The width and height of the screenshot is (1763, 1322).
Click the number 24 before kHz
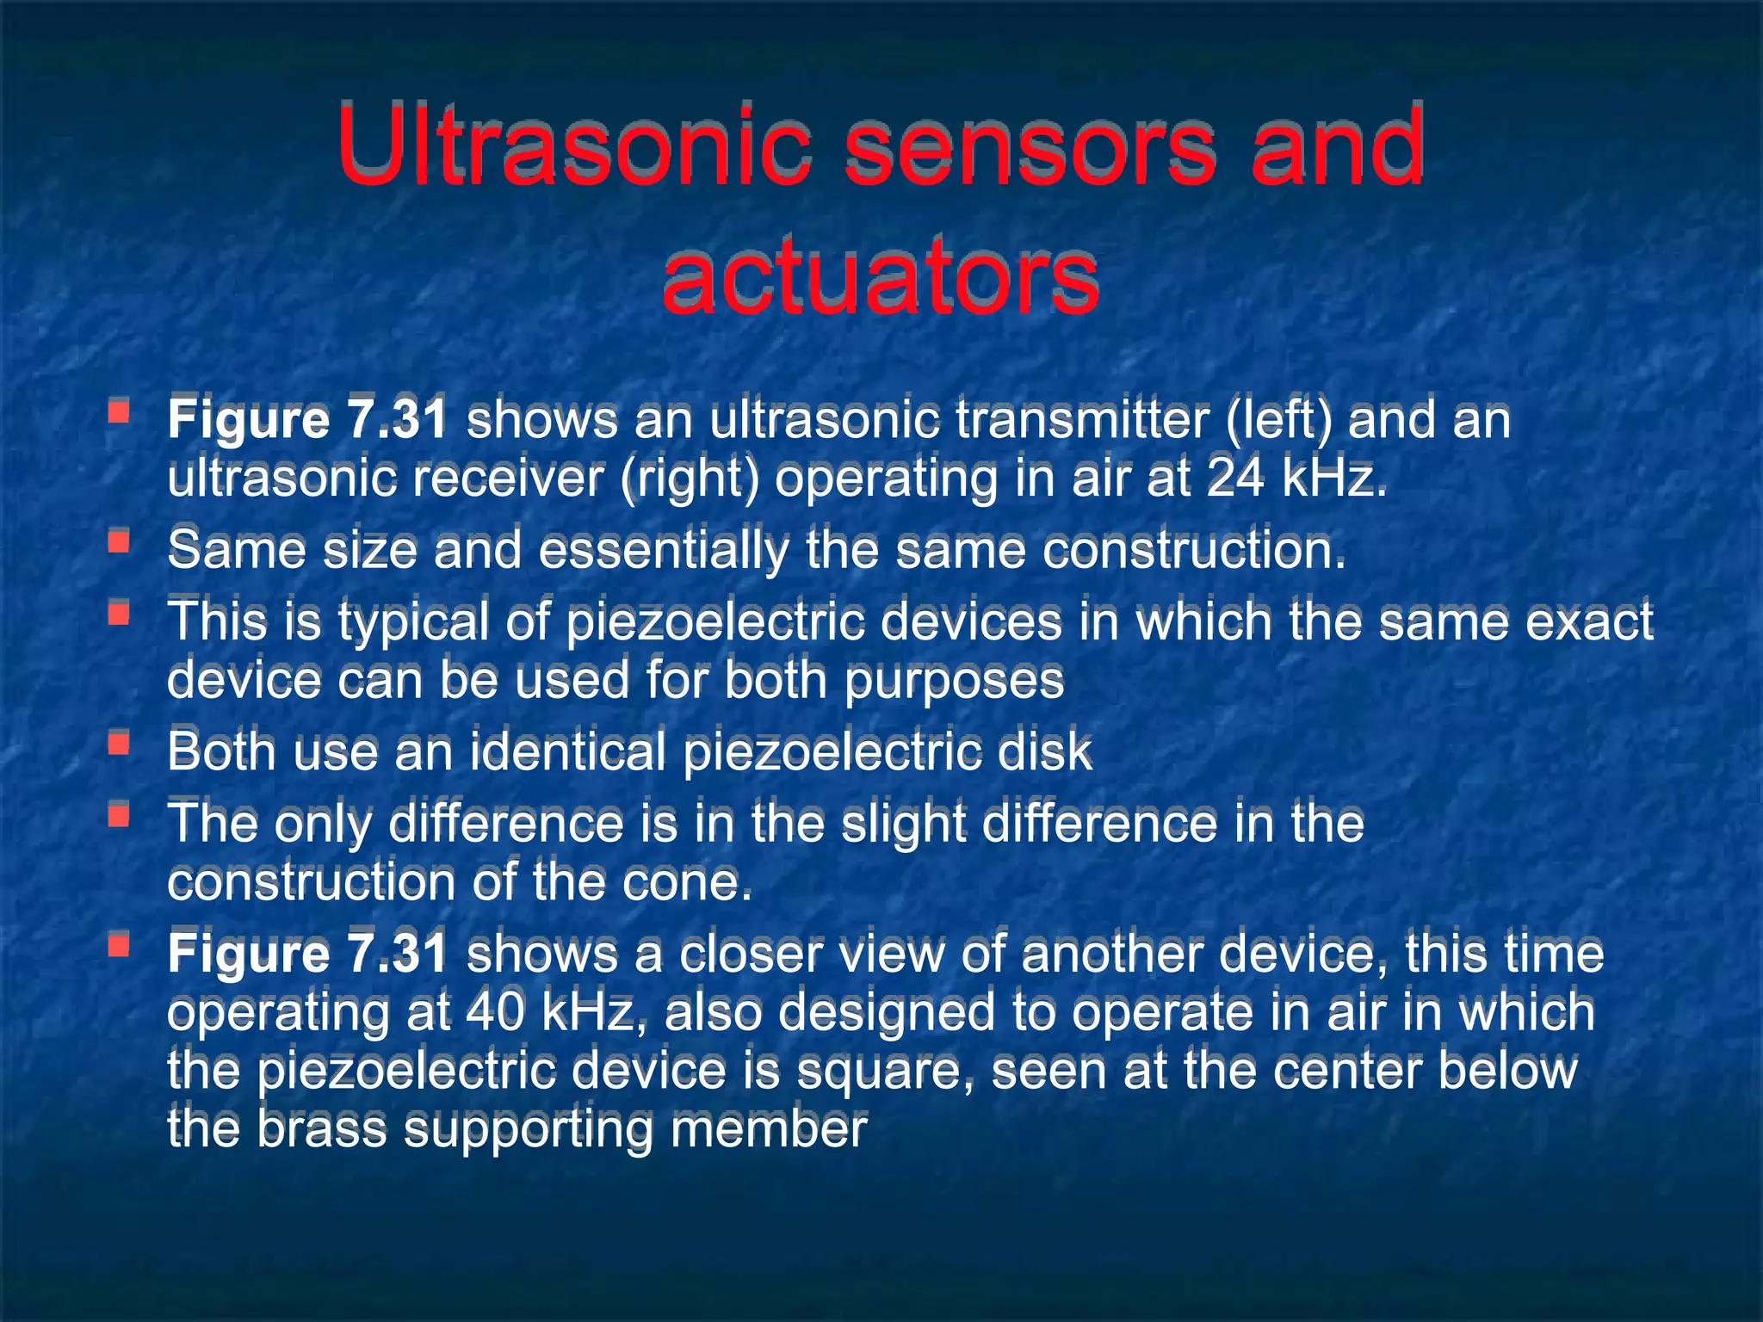tap(1236, 478)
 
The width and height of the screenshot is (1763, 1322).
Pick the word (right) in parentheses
tap(690, 478)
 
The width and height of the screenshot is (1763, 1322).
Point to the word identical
tap(568, 751)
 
